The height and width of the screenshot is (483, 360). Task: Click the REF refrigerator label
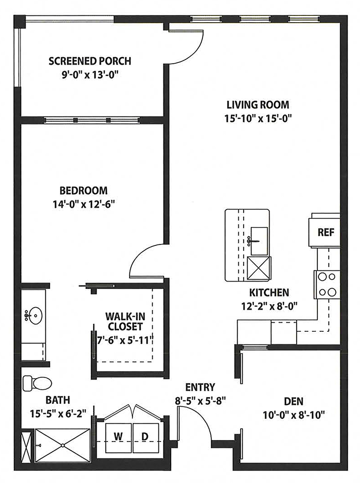click(x=326, y=232)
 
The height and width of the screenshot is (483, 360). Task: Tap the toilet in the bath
click(x=37, y=384)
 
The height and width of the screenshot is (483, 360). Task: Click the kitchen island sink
click(x=259, y=241)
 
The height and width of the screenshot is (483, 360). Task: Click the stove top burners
click(x=327, y=284)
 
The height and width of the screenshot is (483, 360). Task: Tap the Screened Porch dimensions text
click(x=90, y=75)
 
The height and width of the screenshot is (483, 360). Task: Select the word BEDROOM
click(x=84, y=190)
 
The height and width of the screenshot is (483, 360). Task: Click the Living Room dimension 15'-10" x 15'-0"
click(x=258, y=119)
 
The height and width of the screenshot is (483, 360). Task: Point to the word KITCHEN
click(x=269, y=292)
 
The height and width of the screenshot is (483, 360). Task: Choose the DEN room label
click(x=293, y=401)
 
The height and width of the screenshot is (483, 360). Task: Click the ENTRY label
click(x=200, y=387)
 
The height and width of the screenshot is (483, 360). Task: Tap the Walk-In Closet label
click(x=125, y=321)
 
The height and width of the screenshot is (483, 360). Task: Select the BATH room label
click(x=58, y=400)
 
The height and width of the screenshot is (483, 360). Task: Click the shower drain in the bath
click(x=62, y=445)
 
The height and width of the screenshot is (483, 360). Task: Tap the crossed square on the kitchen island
click(x=259, y=268)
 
